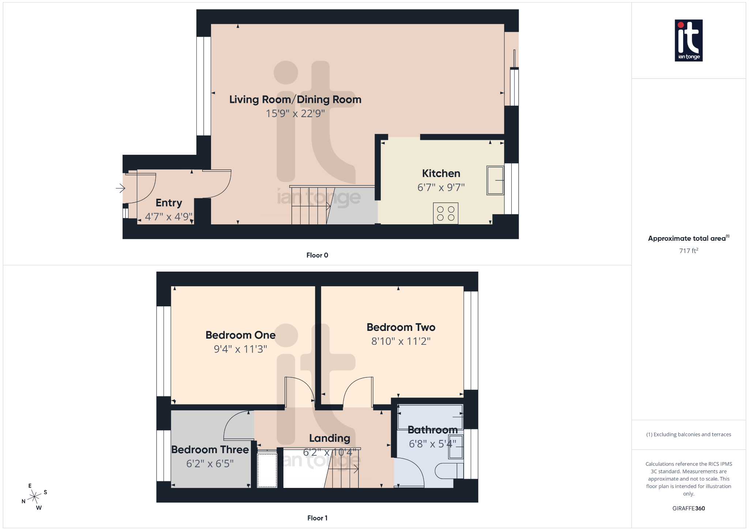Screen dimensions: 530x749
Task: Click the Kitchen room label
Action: (x=441, y=173)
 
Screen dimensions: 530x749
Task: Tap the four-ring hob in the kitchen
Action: (x=445, y=213)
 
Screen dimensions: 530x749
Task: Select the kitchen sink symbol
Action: (x=495, y=180)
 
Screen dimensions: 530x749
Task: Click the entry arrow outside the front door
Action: (x=120, y=188)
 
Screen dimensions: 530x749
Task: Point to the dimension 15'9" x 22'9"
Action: (x=295, y=113)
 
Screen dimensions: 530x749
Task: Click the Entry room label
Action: (x=169, y=203)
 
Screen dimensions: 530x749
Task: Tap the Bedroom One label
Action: (x=240, y=335)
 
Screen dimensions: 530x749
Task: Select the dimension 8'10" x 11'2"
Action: (x=401, y=341)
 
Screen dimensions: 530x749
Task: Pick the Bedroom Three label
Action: (x=210, y=449)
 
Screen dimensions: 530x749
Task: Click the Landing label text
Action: (x=330, y=438)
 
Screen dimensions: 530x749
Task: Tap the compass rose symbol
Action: (x=34, y=497)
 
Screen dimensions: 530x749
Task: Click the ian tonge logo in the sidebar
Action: (x=688, y=40)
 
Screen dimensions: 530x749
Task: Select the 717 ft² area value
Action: (x=688, y=251)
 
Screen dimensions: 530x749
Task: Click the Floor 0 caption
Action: (x=317, y=255)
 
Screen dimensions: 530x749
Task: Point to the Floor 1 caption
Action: (x=317, y=518)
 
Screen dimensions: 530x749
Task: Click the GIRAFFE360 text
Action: (x=688, y=508)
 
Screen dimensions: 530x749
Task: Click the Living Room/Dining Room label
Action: (x=295, y=100)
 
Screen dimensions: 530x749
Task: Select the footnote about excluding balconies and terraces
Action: (x=688, y=434)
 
